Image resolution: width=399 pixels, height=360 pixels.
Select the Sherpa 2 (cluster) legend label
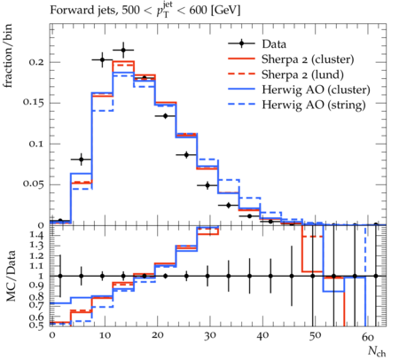pos(308,59)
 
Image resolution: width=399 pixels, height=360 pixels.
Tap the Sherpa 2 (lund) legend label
pos(302,74)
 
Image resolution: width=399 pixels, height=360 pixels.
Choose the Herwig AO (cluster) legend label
pos(316,90)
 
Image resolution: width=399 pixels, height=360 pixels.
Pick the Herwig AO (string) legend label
pos(314,105)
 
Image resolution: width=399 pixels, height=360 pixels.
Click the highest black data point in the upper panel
pos(123,51)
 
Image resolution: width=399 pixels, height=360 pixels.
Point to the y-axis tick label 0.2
pos(36,62)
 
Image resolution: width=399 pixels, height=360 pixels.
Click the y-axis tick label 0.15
pos(34,103)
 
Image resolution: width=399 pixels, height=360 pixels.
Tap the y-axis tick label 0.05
pos(34,184)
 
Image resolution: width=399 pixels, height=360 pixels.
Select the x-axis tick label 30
pos(209,336)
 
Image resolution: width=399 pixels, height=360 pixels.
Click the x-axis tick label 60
pos(368,336)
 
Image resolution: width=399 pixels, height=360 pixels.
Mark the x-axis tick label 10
pos(105,336)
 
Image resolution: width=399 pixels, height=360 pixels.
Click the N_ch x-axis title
pos(377,351)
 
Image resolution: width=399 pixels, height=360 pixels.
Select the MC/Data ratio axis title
pos(11,276)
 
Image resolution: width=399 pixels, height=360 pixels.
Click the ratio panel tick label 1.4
pos(37,235)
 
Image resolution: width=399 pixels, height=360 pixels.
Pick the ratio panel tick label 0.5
pos(36,325)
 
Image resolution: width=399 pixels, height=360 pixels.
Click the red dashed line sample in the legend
pos(241,74)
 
